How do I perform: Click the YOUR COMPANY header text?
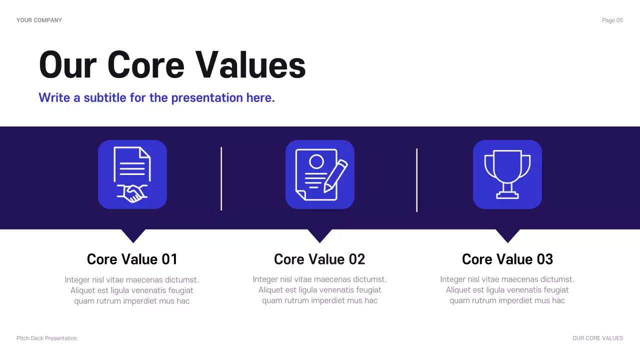click(x=39, y=20)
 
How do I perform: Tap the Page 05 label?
click(x=612, y=20)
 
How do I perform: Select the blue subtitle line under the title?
click(x=156, y=97)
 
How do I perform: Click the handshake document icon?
click(x=132, y=174)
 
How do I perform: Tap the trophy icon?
click(x=507, y=174)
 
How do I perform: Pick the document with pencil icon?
click(x=320, y=174)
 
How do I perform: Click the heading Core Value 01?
click(x=132, y=259)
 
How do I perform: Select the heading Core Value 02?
click(x=319, y=259)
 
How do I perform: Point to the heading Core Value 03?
click(x=507, y=259)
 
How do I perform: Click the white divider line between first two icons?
click(x=221, y=178)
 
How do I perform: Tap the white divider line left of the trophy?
click(x=416, y=180)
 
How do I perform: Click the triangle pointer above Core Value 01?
click(x=133, y=234)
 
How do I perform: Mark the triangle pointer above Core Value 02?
click(x=319, y=234)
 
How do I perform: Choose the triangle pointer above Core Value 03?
click(x=507, y=234)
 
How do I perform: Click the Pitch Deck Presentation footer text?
click(x=47, y=338)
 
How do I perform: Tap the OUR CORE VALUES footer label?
click(x=597, y=338)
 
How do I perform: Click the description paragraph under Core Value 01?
click(x=132, y=290)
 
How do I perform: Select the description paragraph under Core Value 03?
click(x=507, y=290)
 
